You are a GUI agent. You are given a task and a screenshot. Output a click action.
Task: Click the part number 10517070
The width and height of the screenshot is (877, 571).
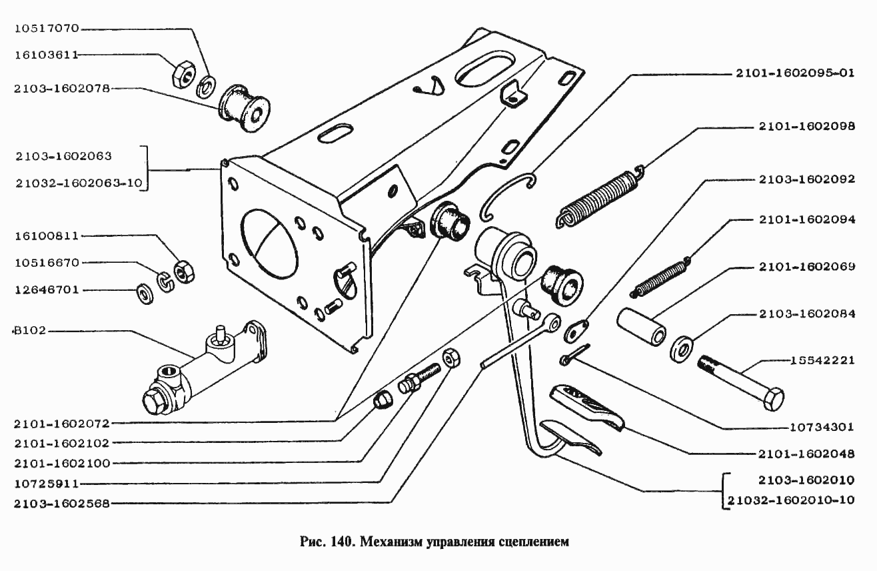click(x=46, y=29)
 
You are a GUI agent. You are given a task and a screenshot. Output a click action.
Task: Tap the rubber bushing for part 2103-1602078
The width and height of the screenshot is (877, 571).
click(x=244, y=109)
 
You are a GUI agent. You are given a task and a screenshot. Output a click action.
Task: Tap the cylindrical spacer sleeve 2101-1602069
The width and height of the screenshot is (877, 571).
click(x=641, y=326)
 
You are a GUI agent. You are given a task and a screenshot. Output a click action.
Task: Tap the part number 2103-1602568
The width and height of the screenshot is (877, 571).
click(x=61, y=504)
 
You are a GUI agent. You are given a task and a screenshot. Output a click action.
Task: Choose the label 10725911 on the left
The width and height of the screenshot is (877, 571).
click(x=46, y=483)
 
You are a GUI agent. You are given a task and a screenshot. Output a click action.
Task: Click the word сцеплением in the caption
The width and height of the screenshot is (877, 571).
click(x=533, y=541)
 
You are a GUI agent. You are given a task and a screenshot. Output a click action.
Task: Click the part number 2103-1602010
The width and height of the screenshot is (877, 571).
click(x=806, y=480)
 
